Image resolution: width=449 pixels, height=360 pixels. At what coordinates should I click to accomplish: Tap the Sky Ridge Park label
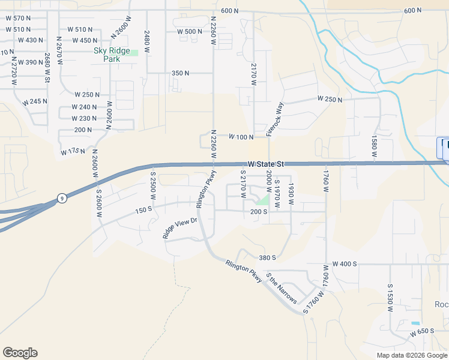(112, 55)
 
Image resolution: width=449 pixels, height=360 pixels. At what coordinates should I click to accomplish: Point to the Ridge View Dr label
(179, 228)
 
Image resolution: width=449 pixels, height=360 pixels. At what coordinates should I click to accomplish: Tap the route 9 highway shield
(61, 197)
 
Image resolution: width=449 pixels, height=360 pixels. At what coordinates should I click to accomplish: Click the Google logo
(20, 353)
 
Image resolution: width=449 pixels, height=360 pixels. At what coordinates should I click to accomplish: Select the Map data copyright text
(411, 355)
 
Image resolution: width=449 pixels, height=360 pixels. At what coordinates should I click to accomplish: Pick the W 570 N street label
(18, 19)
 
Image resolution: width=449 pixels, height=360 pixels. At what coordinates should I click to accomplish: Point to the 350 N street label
(180, 73)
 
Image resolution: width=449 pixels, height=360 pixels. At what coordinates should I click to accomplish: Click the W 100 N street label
(241, 137)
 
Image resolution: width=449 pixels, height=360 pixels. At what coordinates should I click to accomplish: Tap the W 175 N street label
(73, 152)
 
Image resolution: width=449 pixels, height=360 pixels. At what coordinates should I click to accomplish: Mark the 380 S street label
(267, 257)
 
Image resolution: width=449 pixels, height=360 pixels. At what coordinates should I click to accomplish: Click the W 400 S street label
(345, 264)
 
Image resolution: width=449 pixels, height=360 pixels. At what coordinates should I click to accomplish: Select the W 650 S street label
(422, 331)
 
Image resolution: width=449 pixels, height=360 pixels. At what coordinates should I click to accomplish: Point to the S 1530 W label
(390, 298)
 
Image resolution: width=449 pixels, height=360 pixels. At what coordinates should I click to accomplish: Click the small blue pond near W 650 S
(415, 323)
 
